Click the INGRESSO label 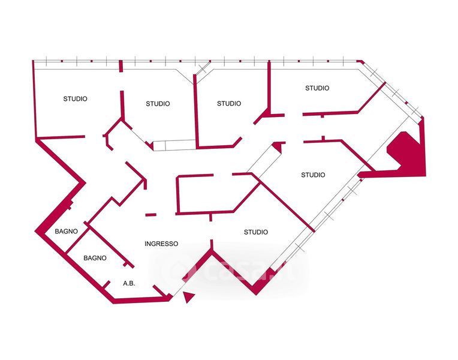pyautogui.click(x=161, y=244)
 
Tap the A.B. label pyautogui.click(x=128, y=283)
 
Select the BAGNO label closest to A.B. pyautogui.click(x=95, y=258)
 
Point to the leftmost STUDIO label pyautogui.click(x=76, y=98)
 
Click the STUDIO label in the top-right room pyautogui.click(x=317, y=88)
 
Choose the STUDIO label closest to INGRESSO pyautogui.click(x=256, y=232)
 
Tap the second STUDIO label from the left pyautogui.click(x=158, y=104)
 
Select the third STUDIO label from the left pyautogui.click(x=229, y=103)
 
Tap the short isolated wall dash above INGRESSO pyautogui.click(x=150, y=214)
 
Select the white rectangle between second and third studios pyautogui.click(x=174, y=145)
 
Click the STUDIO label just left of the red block pyautogui.click(x=313, y=175)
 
